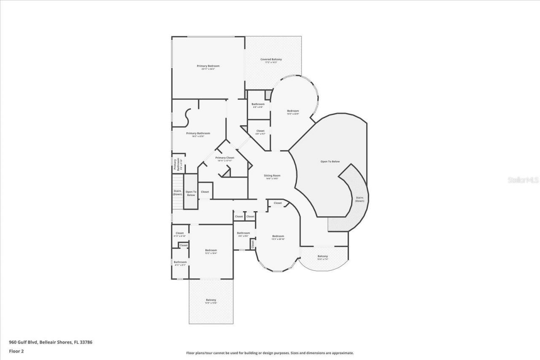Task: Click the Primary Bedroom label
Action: click(x=208, y=66)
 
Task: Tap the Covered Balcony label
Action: click(x=271, y=59)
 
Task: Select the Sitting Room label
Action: click(x=272, y=176)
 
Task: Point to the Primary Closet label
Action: click(x=224, y=158)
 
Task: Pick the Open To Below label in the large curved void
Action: click(x=330, y=161)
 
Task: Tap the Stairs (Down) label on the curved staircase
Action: click(x=359, y=199)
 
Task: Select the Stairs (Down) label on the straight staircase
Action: click(x=177, y=193)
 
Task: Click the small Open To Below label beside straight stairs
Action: click(x=191, y=193)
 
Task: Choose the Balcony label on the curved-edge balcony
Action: click(x=322, y=256)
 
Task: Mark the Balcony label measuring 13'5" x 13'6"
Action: click(x=211, y=300)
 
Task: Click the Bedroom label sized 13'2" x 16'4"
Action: click(x=211, y=250)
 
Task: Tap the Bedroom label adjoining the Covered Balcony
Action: click(x=293, y=111)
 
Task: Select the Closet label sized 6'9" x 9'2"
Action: click(x=260, y=131)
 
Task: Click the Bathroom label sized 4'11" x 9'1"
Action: click(x=180, y=262)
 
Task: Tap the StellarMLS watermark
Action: click(x=523, y=180)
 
